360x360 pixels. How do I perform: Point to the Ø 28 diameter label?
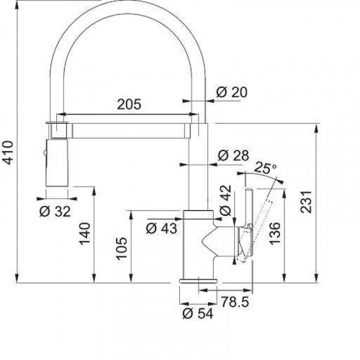pyautogui.click(x=232, y=156)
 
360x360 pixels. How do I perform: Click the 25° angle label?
pyautogui.click(x=265, y=168)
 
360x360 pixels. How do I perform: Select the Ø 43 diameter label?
pyautogui.click(x=161, y=228)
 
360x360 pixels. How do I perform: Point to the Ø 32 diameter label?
pyautogui.click(x=56, y=211)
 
